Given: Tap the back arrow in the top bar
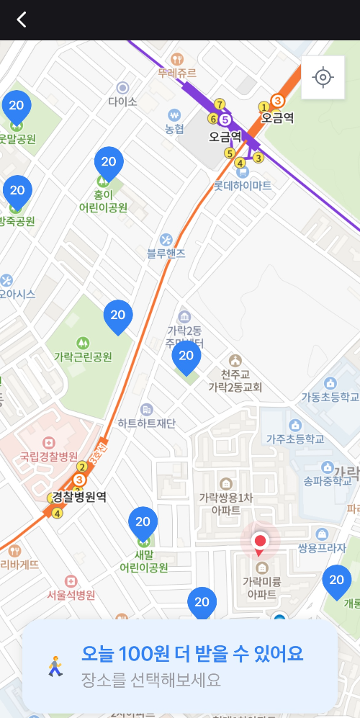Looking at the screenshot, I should click(22, 19).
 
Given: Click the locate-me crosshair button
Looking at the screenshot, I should click(323, 77).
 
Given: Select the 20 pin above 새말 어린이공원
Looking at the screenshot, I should click(143, 522).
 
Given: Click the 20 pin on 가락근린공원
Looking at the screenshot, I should click(118, 315).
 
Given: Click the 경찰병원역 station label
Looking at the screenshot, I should click(81, 496).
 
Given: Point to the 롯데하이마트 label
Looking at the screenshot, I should click(243, 185).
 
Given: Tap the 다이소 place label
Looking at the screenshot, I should click(122, 102).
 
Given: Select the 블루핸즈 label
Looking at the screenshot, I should click(166, 253).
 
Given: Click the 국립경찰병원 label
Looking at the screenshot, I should click(49, 457).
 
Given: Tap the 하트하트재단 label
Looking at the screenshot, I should click(147, 423).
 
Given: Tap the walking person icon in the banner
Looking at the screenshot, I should click(55, 666).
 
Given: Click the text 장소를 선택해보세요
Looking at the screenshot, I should click(151, 679).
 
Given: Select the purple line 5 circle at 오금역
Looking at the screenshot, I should click(225, 120).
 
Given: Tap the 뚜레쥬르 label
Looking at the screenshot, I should click(177, 73).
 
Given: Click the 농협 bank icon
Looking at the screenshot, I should click(174, 115).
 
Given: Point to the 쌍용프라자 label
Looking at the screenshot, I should click(323, 548).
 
